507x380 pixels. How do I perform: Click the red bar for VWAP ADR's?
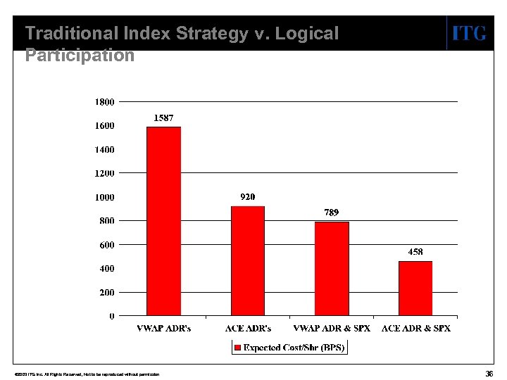click(163, 221)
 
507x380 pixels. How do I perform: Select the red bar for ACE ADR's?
click(248, 260)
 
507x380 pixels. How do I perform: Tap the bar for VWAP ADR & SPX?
click(332, 268)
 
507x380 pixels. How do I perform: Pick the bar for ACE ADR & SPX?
click(415, 289)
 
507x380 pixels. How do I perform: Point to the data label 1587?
click(164, 118)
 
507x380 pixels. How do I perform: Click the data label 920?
click(247, 197)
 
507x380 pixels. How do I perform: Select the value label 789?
click(332, 212)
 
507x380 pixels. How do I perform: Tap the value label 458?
click(415, 251)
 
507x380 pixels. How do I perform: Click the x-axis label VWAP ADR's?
click(163, 328)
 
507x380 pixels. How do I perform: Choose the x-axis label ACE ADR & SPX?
click(415, 328)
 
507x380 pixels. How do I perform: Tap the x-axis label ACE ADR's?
click(248, 328)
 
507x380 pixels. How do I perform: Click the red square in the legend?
click(238, 348)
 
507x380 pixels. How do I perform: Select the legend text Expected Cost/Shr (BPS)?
click(294, 348)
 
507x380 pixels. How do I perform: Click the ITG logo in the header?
click(468, 33)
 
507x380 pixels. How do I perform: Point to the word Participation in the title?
click(80, 55)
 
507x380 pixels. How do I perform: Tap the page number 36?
click(489, 373)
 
